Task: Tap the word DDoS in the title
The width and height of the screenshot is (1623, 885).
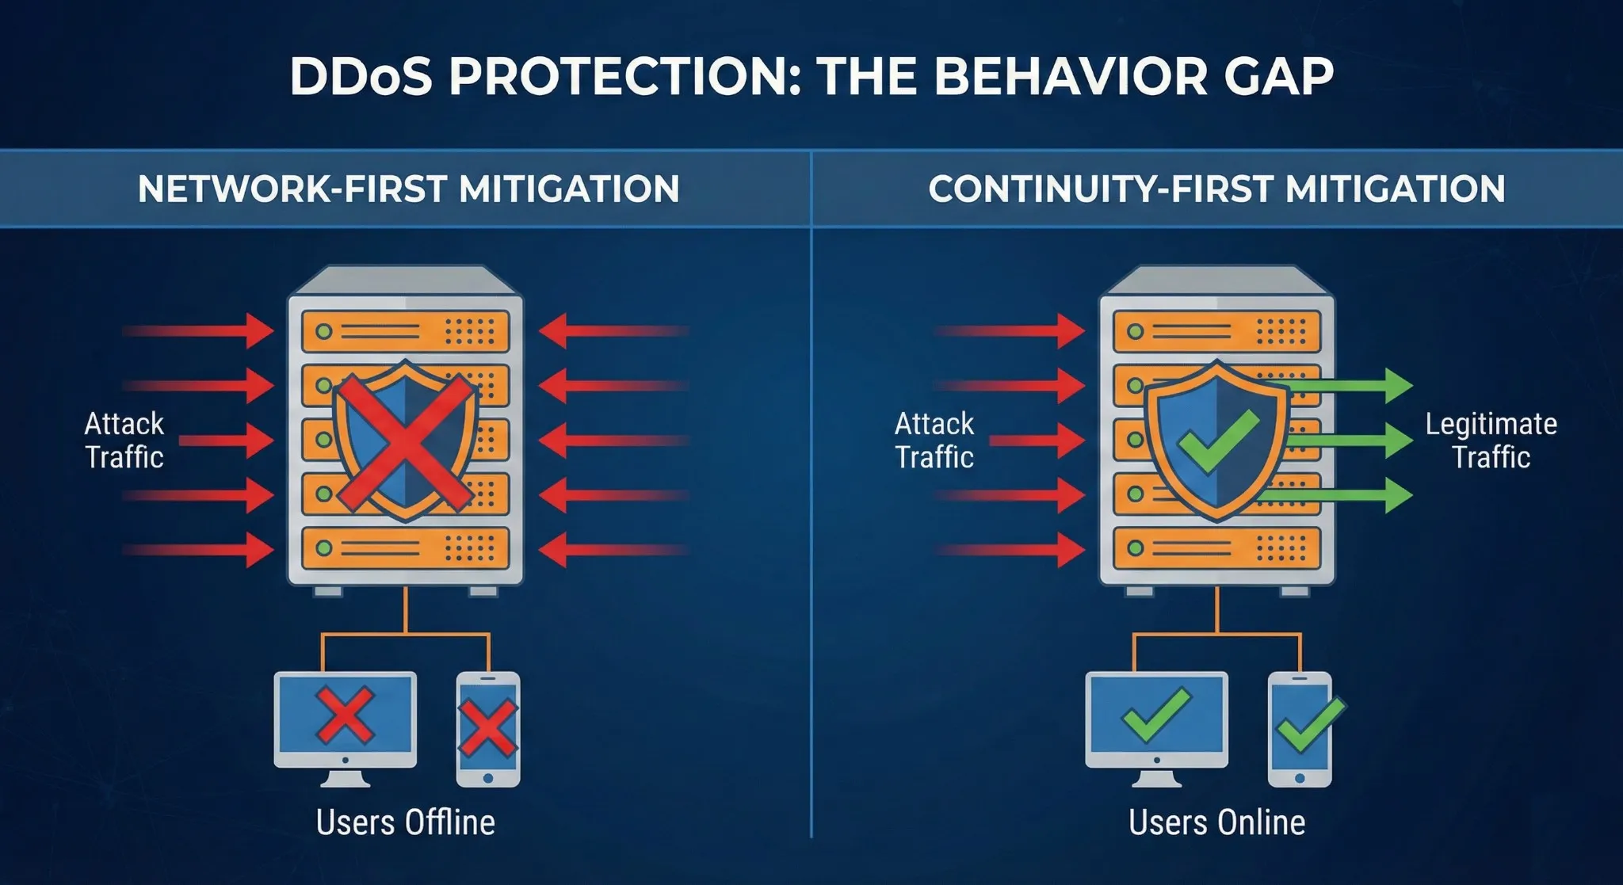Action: tap(361, 76)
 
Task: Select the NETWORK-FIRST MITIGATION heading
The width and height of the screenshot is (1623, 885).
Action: tap(408, 189)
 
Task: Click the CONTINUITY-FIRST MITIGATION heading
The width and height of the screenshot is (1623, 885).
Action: tap(1216, 189)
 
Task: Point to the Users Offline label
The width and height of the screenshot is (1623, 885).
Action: tap(405, 822)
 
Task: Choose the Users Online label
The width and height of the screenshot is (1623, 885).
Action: tap(1216, 822)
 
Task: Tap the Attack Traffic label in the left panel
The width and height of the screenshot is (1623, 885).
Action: tap(124, 441)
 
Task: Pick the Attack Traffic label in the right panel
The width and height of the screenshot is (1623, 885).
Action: tap(934, 441)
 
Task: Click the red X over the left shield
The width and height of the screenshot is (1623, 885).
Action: tap(405, 441)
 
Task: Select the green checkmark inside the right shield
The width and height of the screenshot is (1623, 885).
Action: tap(1218, 441)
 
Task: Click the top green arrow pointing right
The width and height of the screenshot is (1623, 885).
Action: tap(1347, 386)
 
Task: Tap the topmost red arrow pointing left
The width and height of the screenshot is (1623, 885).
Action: tap(614, 331)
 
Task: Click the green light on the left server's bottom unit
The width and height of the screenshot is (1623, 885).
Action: tap(323, 547)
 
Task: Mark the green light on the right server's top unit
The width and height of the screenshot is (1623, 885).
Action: tap(1135, 331)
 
